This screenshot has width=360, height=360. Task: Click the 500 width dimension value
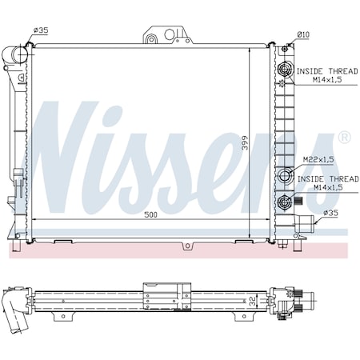[x=150, y=214]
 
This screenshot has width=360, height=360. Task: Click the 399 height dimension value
[x=245, y=143]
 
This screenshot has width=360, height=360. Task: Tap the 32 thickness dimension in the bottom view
[x=252, y=302]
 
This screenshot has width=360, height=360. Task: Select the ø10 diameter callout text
[x=303, y=34]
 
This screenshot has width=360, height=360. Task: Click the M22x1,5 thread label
[x=318, y=159]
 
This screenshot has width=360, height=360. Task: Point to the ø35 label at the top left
[x=41, y=30]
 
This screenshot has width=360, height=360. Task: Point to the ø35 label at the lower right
[x=330, y=213]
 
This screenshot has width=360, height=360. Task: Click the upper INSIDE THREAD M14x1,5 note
[x=327, y=75]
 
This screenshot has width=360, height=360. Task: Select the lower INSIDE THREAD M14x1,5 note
[x=328, y=183]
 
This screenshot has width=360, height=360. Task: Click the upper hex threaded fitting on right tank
[x=285, y=70]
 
